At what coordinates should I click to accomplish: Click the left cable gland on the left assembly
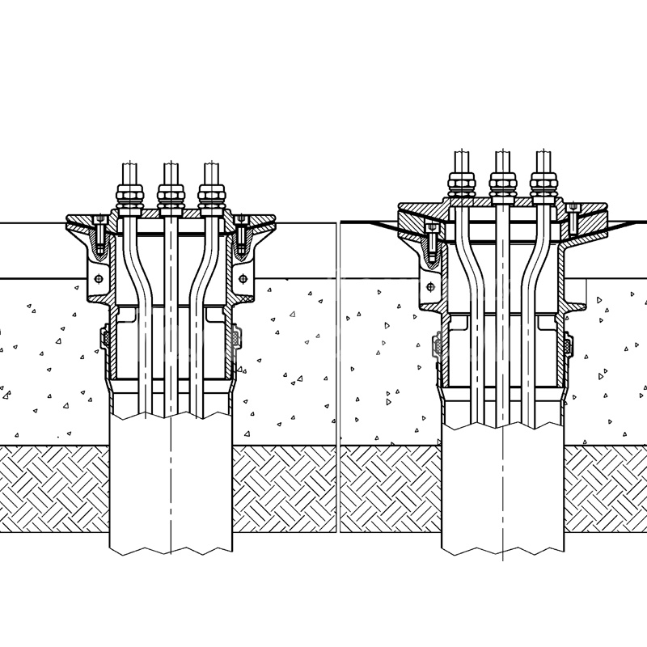tap(127, 194)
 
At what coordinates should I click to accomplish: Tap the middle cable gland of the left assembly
tap(169, 194)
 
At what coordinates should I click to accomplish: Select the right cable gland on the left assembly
tap(210, 194)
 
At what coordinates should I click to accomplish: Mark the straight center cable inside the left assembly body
tap(170, 323)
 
